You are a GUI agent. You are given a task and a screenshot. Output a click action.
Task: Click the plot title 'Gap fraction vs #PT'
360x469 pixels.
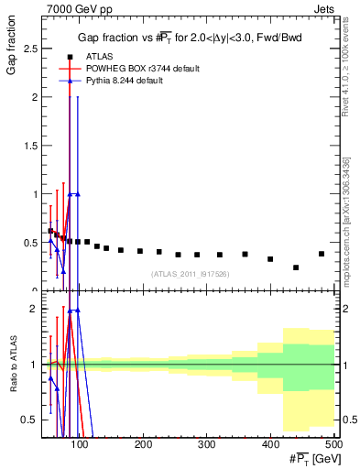click(x=189, y=37)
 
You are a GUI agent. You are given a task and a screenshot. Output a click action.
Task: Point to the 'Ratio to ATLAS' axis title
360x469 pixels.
click(x=11, y=365)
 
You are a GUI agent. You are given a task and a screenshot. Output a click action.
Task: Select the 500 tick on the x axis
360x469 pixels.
click(x=333, y=443)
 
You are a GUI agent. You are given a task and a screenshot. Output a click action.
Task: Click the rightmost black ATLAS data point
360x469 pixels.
click(x=322, y=254)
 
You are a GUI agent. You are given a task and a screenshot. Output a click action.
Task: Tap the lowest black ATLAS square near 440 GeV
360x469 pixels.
click(x=296, y=267)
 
